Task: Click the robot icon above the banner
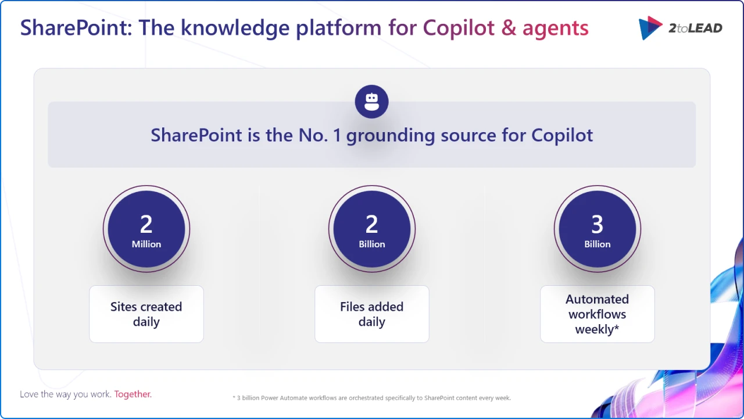coord(371,102)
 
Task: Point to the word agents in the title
coord(555,28)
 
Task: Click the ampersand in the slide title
coord(508,28)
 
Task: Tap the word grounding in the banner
coord(391,136)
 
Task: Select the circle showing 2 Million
coord(146,229)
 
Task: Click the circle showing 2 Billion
coord(372,229)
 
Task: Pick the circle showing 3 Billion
coord(598,229)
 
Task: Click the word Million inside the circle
coord(146,244)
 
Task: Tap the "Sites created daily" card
coord(146,314)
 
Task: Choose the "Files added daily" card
coord(372,314)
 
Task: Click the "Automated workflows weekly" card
coord(598,314)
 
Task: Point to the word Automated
coord(598,299)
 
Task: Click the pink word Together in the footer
coord(133,394)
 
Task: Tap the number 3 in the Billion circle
coord(598,224)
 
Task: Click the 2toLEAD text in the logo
coord(695,28)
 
